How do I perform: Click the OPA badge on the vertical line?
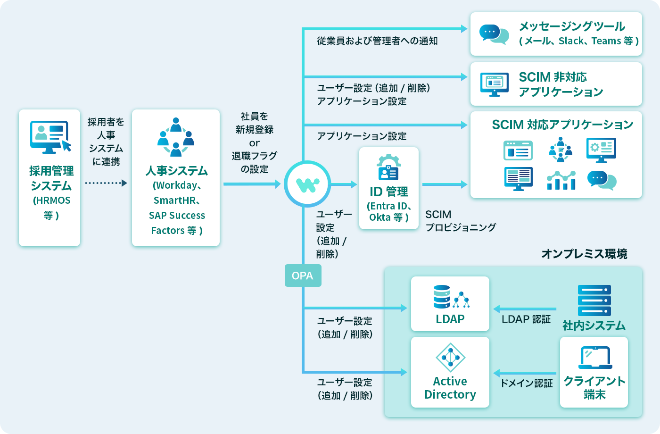coord(303,275)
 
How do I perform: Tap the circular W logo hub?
coord(307,184)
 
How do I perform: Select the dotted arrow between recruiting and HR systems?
coord(106,183)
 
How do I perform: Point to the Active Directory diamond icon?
coord(450,358)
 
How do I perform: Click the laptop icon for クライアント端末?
coord(595,358)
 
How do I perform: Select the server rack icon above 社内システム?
coord(594,300)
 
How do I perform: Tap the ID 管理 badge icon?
coord(388,167)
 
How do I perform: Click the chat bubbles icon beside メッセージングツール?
coord(494,34)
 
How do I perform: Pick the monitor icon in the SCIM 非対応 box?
coord(494,84)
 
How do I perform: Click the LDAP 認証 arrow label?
coord(526,319)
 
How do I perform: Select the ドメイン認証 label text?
coord(526,383)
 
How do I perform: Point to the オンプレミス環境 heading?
coord(584,254)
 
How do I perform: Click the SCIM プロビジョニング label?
coord(460,221)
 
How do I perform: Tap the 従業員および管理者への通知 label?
coord(377,41)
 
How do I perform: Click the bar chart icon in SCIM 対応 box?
coord(561,180)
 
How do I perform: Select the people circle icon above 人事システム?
coord(176,137)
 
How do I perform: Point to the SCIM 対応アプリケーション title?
coord(562,125)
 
